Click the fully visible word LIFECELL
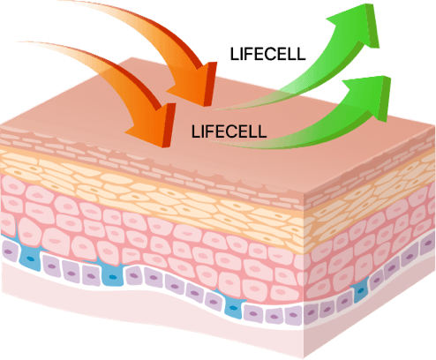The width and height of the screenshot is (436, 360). click(229, 131)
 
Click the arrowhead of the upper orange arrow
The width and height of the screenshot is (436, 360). click(197, 86)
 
